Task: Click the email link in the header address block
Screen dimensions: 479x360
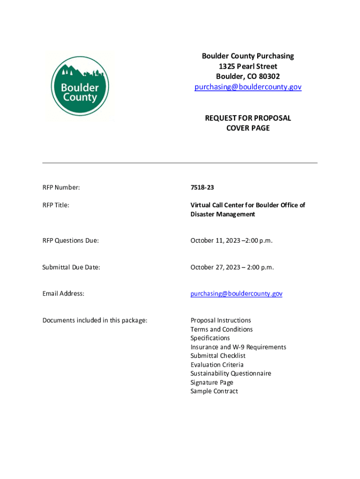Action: pos(248,87)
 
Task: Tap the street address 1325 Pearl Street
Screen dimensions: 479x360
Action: pos(248,66)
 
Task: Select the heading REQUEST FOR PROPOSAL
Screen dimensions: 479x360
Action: pos(248,118)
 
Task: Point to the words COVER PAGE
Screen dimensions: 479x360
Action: pos(248,128)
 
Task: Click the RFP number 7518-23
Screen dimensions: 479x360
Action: pos(202,188)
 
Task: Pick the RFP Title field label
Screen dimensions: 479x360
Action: pos(56,205)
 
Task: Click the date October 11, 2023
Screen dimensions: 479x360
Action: pos(217,240)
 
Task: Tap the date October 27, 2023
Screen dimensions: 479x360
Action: pos(217,267)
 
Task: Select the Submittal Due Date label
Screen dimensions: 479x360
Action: pos(71,267)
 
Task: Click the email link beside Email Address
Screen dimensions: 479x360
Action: pos(236,294)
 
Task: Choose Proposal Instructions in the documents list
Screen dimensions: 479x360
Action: pos(221,320)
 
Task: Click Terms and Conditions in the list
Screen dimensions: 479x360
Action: pos(221,329)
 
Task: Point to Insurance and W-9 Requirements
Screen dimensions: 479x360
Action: pos(238,347)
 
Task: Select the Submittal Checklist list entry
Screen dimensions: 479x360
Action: pos(218,356)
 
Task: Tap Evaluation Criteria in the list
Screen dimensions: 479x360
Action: pos(217,365)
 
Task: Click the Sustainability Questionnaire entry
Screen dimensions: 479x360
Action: pos(230,374)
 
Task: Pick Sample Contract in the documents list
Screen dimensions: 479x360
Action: pos(214,392)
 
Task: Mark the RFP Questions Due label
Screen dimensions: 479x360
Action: pos(71,240)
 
